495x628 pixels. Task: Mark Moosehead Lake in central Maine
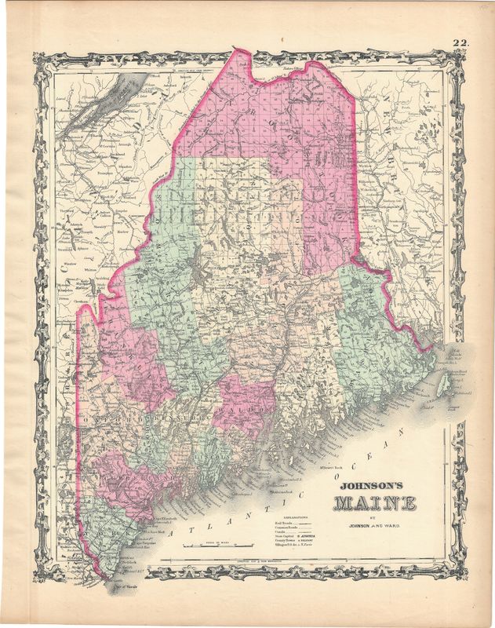(200, 279)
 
